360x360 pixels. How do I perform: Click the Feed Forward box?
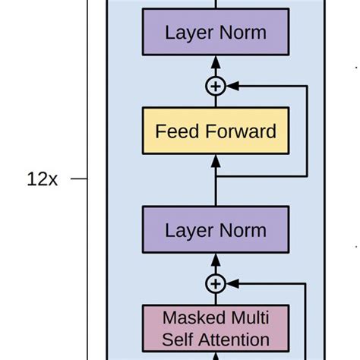pyautogui.click(x=216, y=131)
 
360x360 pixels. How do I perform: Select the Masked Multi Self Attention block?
pyautogui.click(x=216, y=327)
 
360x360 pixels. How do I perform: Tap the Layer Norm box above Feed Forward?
pyautogui.click(x=216, y=33)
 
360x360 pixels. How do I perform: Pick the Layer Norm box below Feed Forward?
pyautogui.click(x=216, y=230)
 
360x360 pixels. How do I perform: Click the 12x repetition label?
pyautogui.click(x=42, y=180)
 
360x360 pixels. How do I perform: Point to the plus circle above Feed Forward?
pyautogui.click(x=216, y=87)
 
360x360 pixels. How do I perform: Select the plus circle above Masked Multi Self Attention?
pyautogui.click(x=216, y=283)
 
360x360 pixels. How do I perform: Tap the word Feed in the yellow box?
pyautogui.click(x=172, y=131)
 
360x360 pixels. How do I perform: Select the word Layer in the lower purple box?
pyautogui.click(x=188, y=230)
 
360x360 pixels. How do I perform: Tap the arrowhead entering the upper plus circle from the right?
pyautogui.click(x=232, y=87)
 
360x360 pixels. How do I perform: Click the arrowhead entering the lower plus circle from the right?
pyautogui.click(x=232, y=283)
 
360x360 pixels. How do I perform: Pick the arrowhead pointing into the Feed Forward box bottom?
pyautogui.click(x=216, y=160)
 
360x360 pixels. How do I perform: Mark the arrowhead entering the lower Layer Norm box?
pyautogui.click(x=216, y=260)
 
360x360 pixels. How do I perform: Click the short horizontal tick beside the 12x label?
pyautogui.click(x=80, y=180)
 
